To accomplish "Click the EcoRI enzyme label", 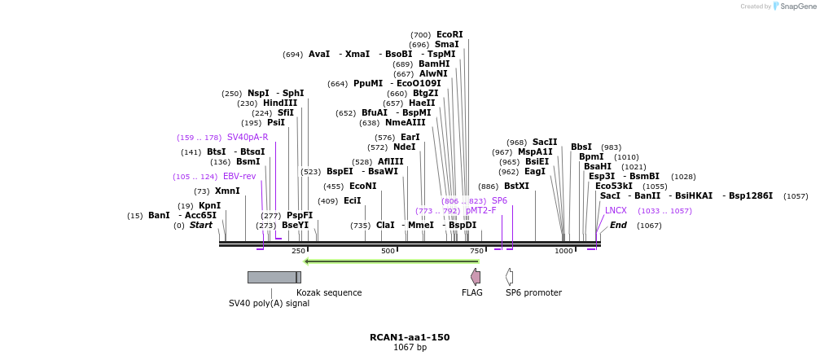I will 449,34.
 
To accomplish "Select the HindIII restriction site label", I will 279,103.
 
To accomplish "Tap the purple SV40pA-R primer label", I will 248,137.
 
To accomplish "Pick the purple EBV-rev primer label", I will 239,176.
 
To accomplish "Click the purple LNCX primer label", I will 616,210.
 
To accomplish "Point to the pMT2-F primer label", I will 480,210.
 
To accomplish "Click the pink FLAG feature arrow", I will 476,277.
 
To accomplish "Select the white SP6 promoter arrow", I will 509,277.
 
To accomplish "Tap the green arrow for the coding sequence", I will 391,261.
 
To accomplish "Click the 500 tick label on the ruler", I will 388,251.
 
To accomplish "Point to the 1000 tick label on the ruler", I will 563,251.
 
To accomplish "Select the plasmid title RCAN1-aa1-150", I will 410,337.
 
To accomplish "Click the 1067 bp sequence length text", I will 410,348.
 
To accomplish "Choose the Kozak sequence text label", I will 329,292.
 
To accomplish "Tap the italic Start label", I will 200,225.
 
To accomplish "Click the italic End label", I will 619,225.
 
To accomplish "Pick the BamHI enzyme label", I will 434,64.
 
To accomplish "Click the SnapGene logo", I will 793,7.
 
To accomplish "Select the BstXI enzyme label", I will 516,186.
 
